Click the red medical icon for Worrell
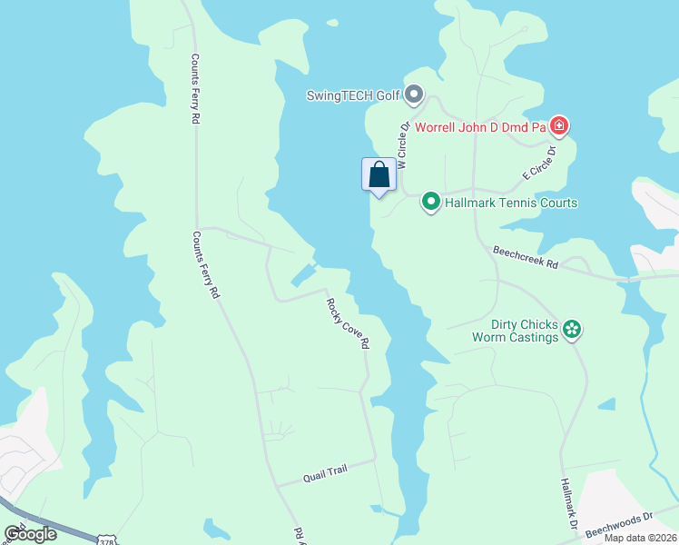click(559, 125)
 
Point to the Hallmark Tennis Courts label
click(511, 203)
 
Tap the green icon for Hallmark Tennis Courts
click(431, 202)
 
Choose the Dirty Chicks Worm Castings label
click(515, 331)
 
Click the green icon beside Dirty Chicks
click(572, 329)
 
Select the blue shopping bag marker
click(379, 174)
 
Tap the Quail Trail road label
click(324, 472)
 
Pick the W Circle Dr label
click(403, 145)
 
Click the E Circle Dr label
click(537, 162)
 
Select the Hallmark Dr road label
click(569, 505)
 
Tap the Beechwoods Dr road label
click(619, 523)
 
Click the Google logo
click(31, 534)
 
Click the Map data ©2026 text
click(640, 539)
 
